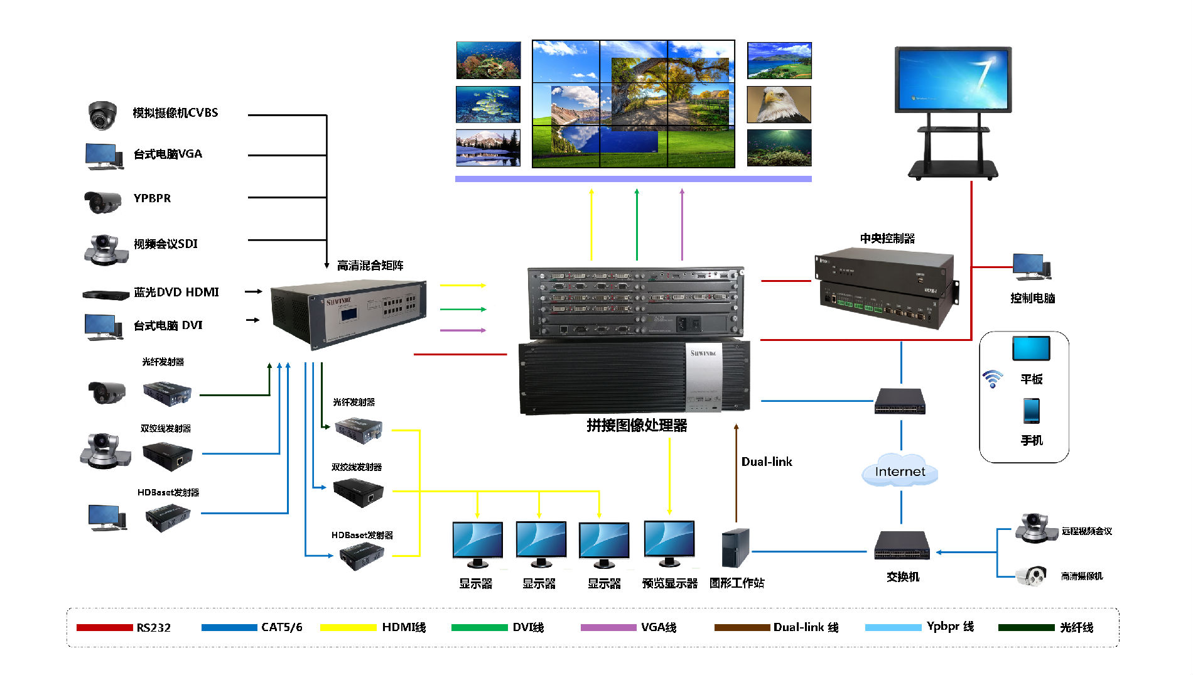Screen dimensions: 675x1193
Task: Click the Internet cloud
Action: point(900,472)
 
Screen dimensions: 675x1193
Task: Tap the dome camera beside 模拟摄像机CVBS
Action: point(102,115)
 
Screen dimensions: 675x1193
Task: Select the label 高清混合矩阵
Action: point(370,266)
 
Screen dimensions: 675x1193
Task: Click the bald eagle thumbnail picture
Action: point(779,104)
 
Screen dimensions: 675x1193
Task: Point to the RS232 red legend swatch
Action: point(104,627)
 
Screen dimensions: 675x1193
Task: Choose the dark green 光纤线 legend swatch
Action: point(1026,627)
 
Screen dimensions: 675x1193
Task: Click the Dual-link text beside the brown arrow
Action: point(767,462)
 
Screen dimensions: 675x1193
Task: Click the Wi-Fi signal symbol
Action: point(993,379)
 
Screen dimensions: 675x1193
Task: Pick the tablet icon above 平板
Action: point(1031,348)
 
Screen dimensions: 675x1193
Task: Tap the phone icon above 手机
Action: point(1031,411)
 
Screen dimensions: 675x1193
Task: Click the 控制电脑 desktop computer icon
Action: point(1031,267)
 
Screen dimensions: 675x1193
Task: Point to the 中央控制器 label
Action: point(887,239)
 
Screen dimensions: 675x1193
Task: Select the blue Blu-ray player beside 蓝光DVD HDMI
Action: point(105,294)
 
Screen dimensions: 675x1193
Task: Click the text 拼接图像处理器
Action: point(637,426)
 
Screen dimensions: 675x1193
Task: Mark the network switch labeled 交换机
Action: point(902,545)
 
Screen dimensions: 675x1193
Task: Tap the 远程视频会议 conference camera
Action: point(1033,528)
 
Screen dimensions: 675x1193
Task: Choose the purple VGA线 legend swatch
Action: point(608,627)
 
